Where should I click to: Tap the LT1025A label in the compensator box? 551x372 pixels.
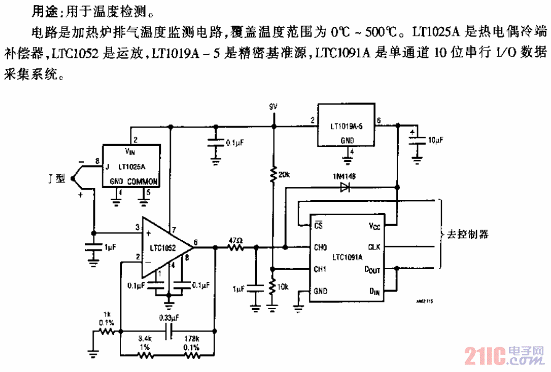point(132,166)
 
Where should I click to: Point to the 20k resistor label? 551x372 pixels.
point(285,175)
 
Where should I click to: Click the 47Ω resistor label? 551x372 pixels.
point(235,240)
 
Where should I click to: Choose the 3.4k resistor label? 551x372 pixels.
point(145,339)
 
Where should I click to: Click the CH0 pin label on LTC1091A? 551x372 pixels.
point(320,248)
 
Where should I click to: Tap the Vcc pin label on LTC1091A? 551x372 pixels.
point(374,225)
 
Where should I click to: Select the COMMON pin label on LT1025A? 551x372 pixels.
point(144,182)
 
